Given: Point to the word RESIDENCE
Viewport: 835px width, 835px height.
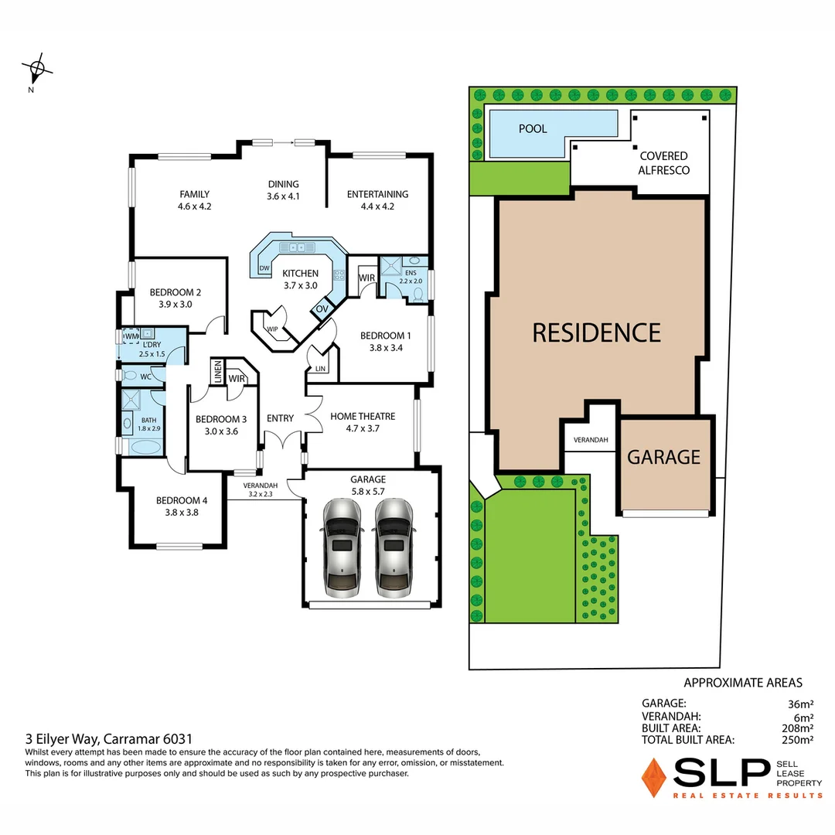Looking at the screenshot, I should [x=597, y=332].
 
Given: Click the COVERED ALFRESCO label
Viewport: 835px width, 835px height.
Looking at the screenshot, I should [x=663, y=163].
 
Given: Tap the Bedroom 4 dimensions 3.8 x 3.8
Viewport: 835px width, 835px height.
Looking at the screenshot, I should [x=182, y=511].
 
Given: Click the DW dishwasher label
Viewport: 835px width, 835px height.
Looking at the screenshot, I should [x=264, y=268].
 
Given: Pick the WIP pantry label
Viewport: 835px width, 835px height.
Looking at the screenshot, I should [x=272, y=329].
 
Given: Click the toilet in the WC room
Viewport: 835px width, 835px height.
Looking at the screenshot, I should [x=128, y=377].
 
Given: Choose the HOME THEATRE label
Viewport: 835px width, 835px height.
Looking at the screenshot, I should [x=363, y=416].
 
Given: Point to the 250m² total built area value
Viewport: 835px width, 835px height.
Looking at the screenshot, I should [x=797, y=740].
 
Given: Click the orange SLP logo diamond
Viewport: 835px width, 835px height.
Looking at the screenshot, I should [x=654, y=777].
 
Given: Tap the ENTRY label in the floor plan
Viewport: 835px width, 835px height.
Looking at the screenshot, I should [x=280, y=418].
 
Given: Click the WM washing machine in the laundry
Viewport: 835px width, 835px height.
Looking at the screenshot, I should [x=131, y=336].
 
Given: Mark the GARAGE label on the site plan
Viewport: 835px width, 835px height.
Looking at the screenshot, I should [x=663, y=457].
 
